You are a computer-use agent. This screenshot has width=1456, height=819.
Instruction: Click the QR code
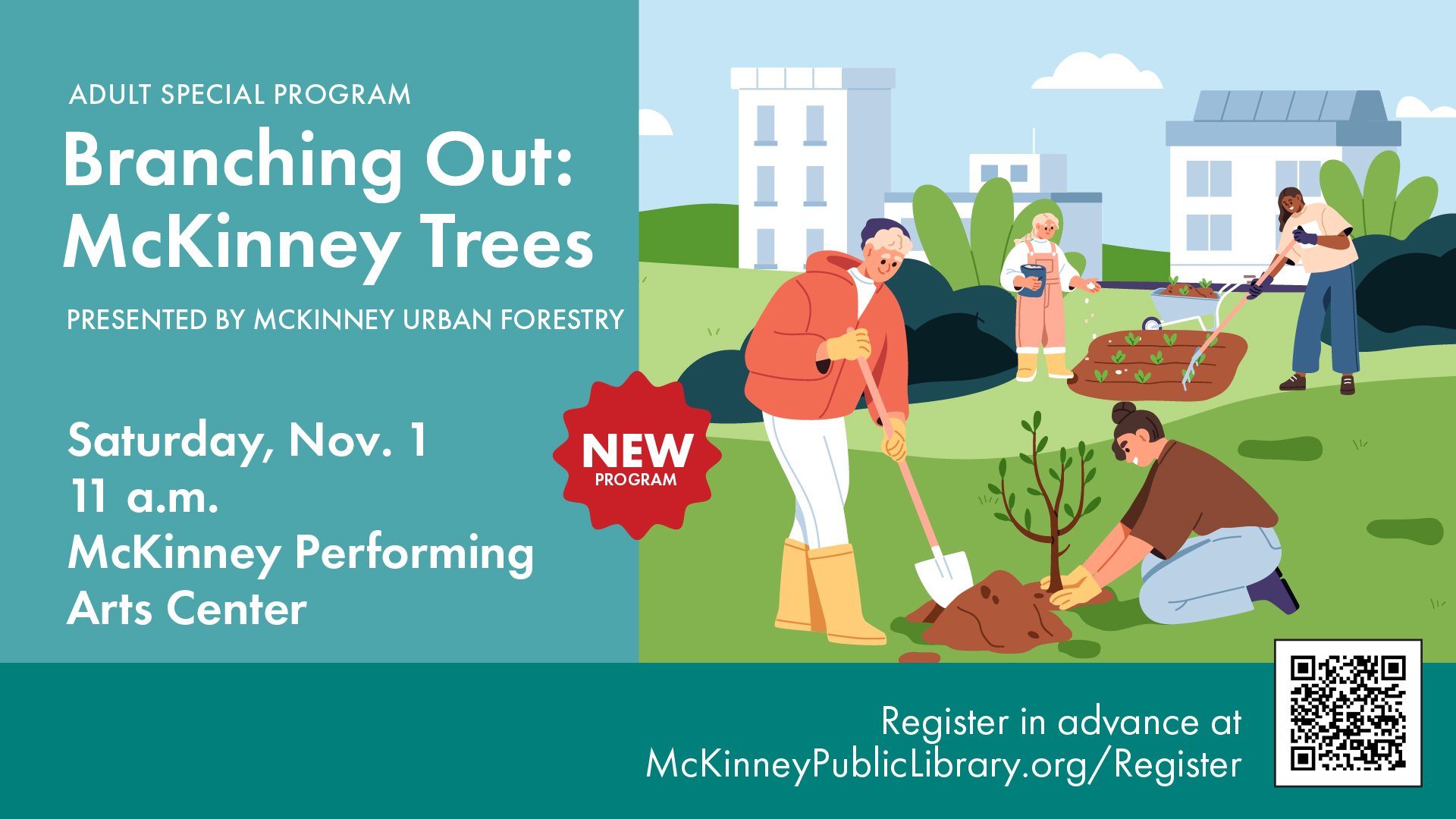coord(1348,713)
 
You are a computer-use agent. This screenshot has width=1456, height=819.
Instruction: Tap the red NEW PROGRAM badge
coord(637,455)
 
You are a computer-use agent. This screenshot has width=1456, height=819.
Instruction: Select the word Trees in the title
coord(507,242)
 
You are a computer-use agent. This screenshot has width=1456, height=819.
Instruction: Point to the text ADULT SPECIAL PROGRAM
coord(240,95)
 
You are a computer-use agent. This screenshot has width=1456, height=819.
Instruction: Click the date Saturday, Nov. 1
coord(247,441)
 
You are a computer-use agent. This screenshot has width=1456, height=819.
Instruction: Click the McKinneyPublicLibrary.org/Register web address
coord(943,764)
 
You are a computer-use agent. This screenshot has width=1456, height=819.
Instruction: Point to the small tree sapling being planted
coord(1047,500)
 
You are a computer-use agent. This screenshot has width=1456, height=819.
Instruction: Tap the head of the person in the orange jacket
coord(886,250)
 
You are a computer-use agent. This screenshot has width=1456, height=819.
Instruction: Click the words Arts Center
coord(187,608)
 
